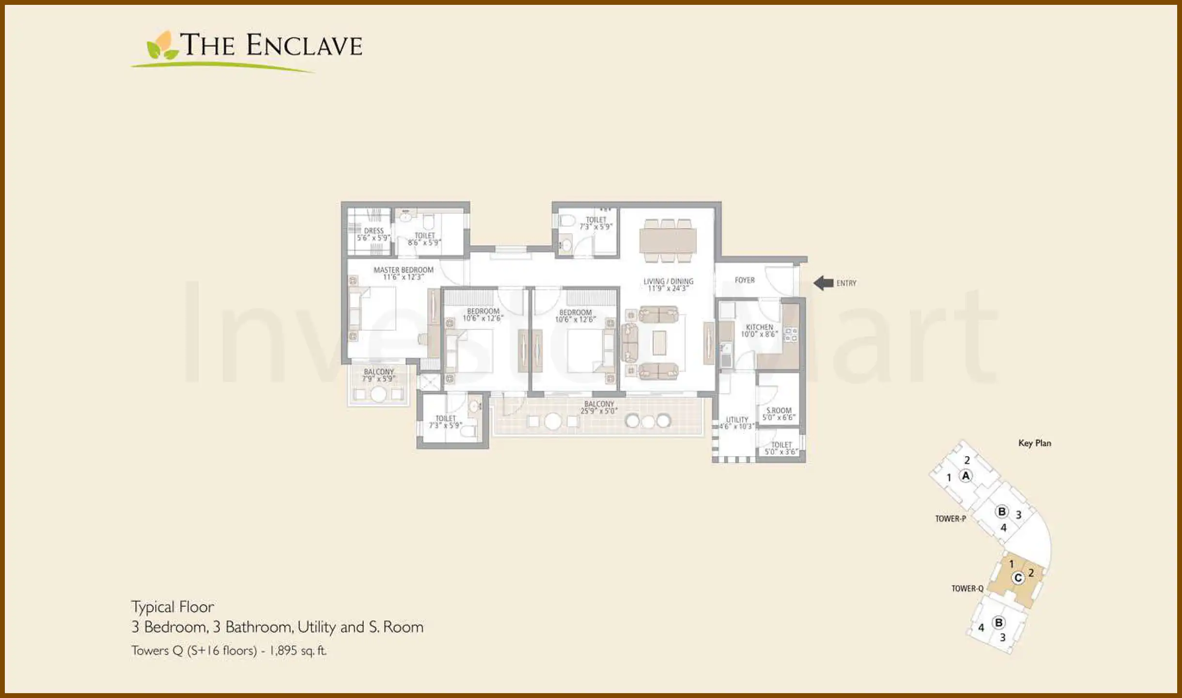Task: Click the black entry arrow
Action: coord(823,283)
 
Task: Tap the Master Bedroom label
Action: coord(403,270)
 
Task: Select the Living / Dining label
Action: coord(668,281)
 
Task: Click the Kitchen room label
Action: coord(759,327)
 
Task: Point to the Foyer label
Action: coord(745,280)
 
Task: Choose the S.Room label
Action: coord(778,410)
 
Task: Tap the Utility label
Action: coord(737,420)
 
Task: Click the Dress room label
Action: coord(373,231)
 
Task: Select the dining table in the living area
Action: coord(668,240)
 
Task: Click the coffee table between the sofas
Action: coord(659,343)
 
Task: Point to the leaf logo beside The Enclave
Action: coord(162,47)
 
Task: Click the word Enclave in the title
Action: coord(304,46)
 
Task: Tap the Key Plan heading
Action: coord(1035,443)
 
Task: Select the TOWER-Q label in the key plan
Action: coord(967,588)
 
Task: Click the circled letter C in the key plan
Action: coord(1018,578)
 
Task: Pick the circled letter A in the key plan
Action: coord(965,476)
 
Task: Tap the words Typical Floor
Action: coord(172,607)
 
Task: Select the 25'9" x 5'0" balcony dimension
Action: coord(599,411)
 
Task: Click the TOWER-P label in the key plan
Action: coord(950,519)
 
